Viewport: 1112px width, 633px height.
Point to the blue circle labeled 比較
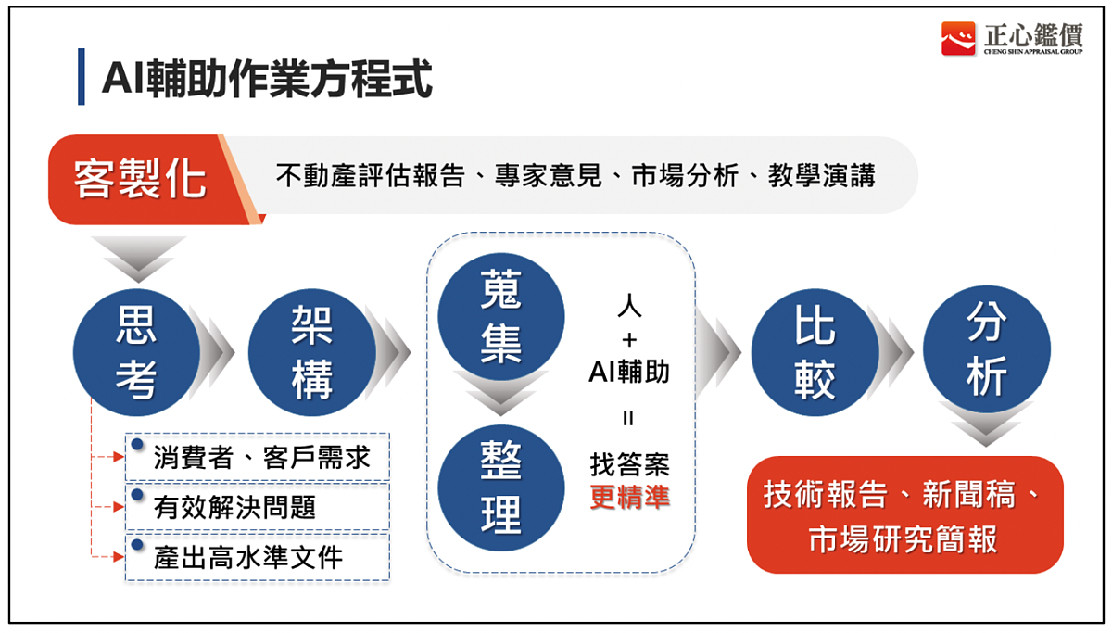(814, 352)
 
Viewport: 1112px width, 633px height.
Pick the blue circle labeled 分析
(986, 348)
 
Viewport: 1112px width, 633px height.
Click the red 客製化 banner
(139, 179)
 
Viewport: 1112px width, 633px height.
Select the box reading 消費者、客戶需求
(258, 457)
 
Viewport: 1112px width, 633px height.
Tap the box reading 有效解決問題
(258, 507)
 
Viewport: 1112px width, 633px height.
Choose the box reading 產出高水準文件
(258, 557)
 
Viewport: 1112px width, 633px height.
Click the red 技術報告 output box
(904, 515)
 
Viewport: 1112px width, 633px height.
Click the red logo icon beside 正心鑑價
(958, 39)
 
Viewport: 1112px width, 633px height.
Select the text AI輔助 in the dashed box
(629, 373)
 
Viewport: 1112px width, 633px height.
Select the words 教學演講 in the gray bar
(821, 176)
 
